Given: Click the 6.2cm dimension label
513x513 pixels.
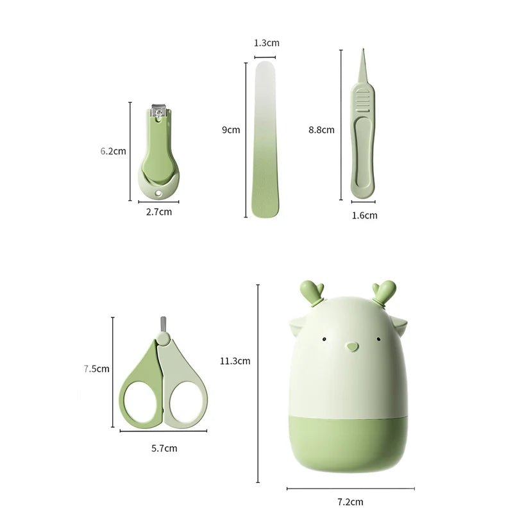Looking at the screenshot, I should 113,151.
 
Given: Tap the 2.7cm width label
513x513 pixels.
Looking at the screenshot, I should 158,211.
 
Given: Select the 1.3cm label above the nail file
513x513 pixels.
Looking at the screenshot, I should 266,43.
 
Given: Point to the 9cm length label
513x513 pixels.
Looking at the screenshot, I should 231,130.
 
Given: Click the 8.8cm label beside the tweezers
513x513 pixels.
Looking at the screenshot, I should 321,130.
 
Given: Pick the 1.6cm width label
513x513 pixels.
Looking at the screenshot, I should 364,215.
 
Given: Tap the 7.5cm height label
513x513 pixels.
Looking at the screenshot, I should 96,369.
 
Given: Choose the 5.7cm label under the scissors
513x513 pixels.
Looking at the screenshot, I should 164,448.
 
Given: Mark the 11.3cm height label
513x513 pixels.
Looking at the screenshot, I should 235,360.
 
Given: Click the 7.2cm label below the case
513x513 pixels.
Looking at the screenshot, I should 349,502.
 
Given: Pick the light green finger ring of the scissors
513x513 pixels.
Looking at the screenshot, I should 185,401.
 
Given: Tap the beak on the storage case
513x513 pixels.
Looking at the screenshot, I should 350,347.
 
